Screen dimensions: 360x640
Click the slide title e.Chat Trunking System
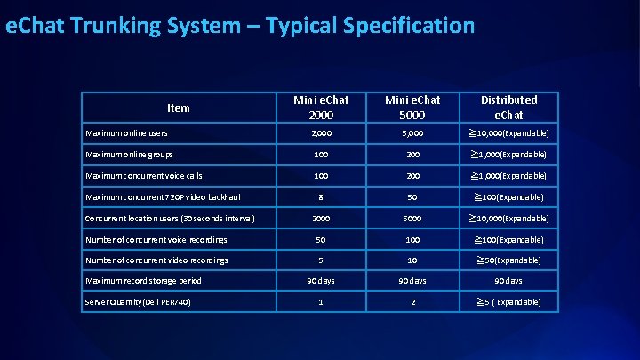click(x=240, y=26)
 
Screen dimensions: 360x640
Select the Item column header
click(x=178, y=108)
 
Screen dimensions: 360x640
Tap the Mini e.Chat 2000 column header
click(x=323, y=107)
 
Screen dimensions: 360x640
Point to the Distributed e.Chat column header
click(x=508, y=107)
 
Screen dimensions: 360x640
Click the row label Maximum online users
click(x=126, y=133)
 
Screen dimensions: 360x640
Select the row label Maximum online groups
click(x=130, y=155)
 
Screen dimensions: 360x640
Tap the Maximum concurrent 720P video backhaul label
click(x=163, y=196)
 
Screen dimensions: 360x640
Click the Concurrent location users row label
click(x=170, y=218)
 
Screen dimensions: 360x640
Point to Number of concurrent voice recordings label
click(x=156, y=239)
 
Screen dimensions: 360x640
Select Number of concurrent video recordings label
click(x=156, y=260)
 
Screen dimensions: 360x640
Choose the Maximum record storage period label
click(x=143, y=281)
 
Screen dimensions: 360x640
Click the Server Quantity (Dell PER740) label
click(x=138, y=302)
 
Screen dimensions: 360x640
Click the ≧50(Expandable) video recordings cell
click(x=508, y=260)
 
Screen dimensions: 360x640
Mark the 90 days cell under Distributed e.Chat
click(x=508, y=281)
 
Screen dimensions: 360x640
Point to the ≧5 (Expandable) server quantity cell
click(x=508, y=302)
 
